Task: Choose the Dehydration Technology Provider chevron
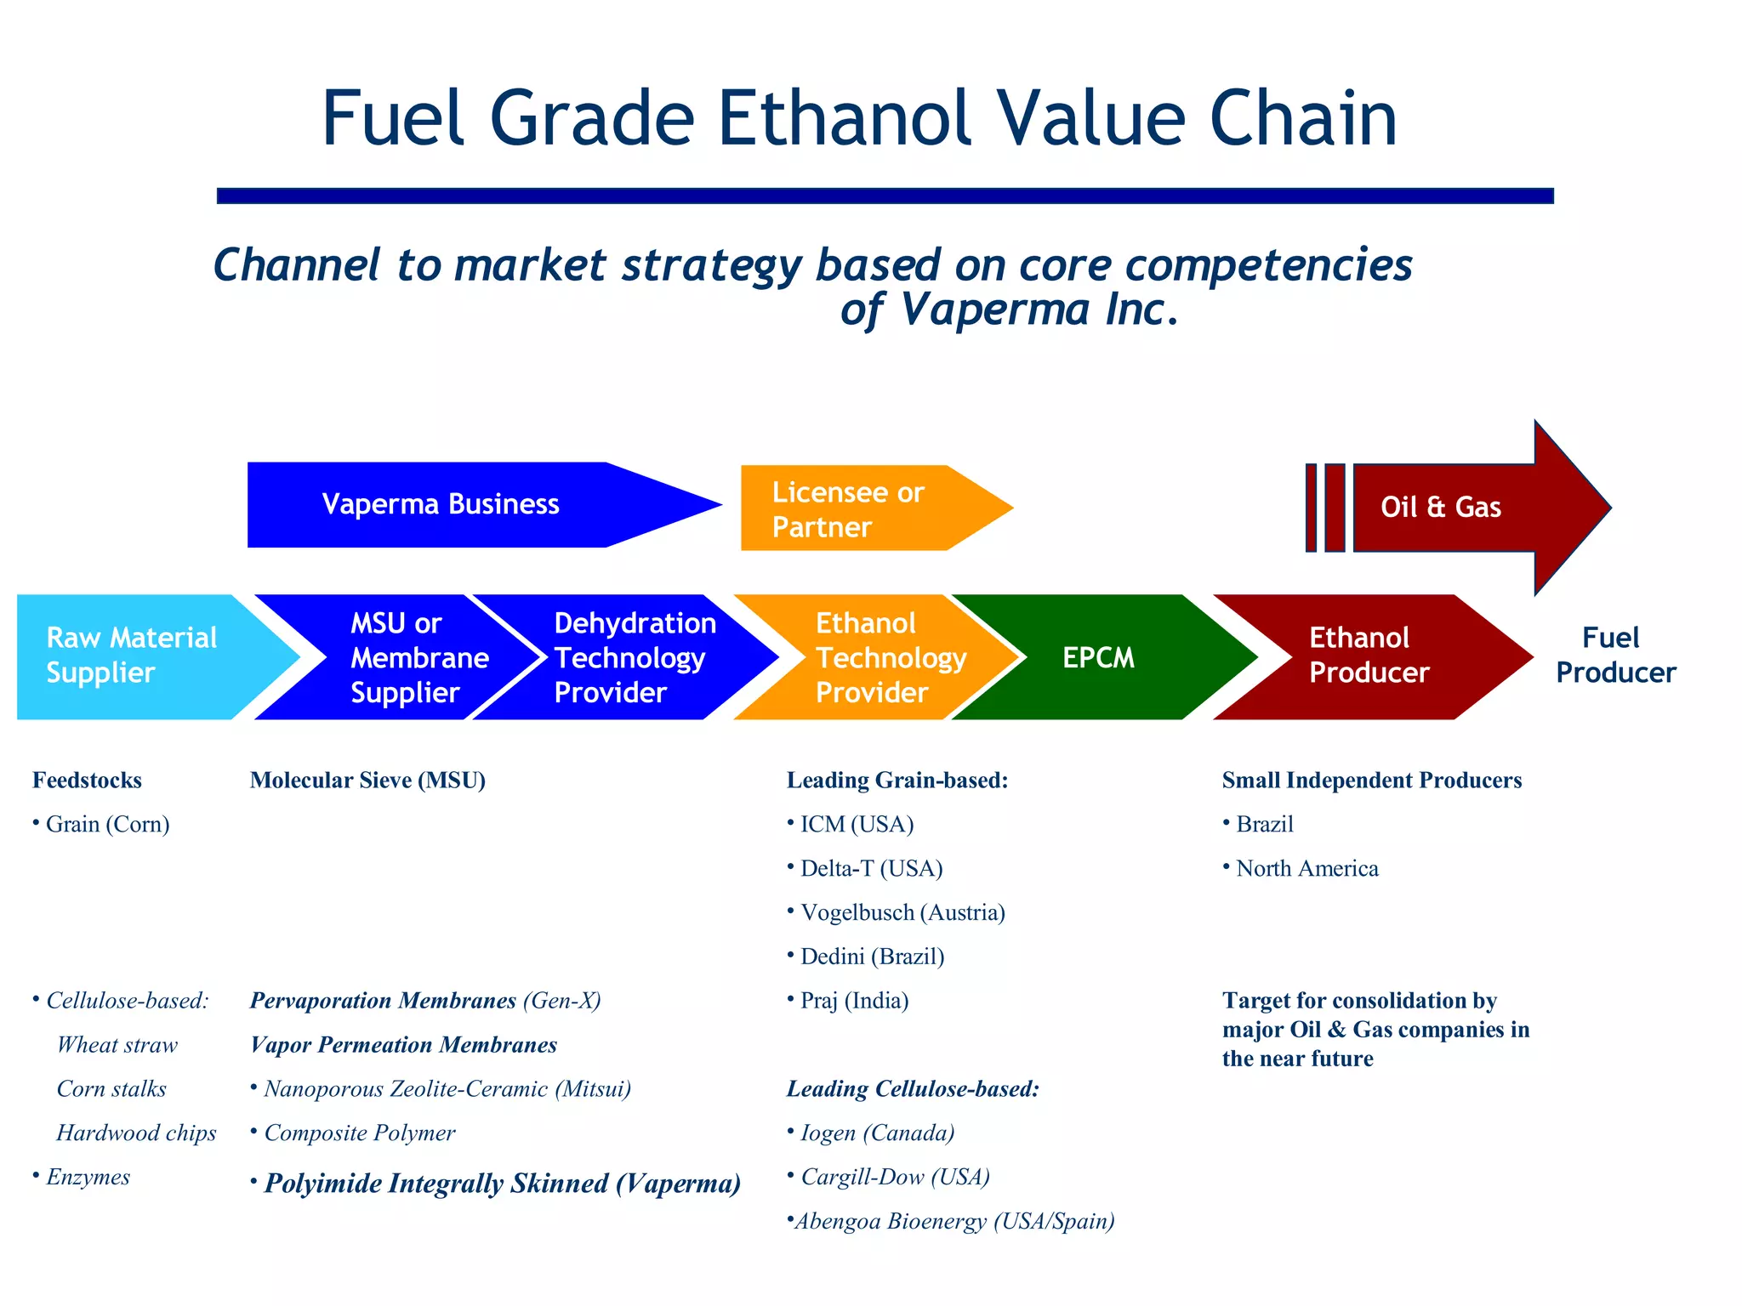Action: [634, 657]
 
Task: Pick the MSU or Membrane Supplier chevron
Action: [408, 657]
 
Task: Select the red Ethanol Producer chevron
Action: [1361, 656]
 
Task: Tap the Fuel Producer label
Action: [1614, 655]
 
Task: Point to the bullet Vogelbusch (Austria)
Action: [902, 912]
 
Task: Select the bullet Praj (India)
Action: [854, 1001]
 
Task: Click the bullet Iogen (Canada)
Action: [877, 1133]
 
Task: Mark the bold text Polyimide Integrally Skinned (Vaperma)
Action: [502, 1183]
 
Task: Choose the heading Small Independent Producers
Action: [1371, 780]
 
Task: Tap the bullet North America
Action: [1306, 868]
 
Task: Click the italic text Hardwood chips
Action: [136, 1133]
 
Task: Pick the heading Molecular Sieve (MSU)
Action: [367, 780]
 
